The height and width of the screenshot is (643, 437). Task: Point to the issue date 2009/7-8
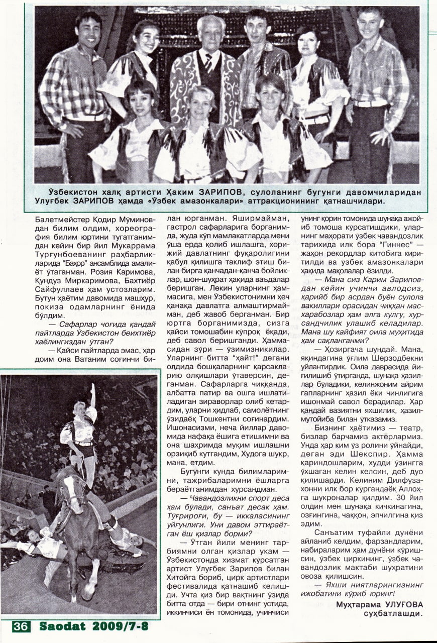(120, 627)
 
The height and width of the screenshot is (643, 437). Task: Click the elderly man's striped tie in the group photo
(208, 62)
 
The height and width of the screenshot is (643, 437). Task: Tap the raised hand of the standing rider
(92, 388)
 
